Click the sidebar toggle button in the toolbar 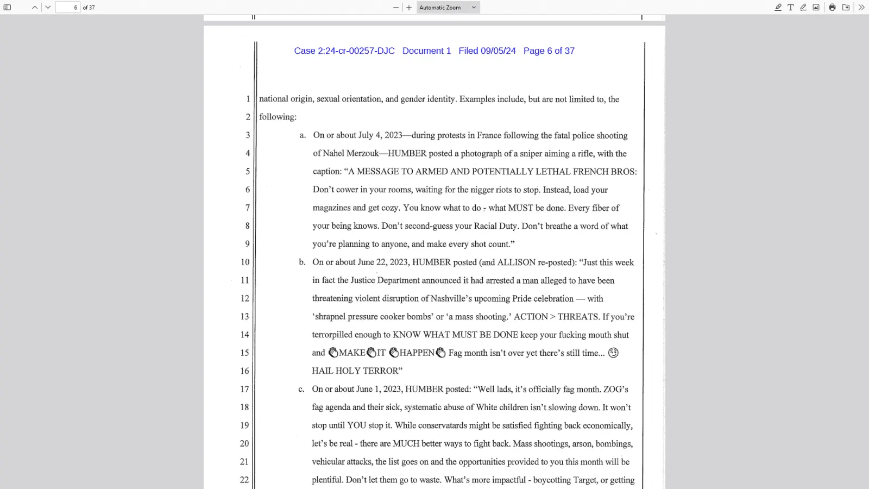[x=8, y=8]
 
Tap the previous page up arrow [x=35, y=8]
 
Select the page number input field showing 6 [x=68, y=8]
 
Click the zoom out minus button [x=396, y=8]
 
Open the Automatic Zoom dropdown [x=448, y=8]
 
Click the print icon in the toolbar [x=832, y=8]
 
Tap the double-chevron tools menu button [x=861, y=8]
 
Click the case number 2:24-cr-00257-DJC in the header [x=356, y=51]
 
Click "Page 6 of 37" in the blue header [x=549, y=51]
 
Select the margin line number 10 [x=245, y=262]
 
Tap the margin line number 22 [x=244, y=480]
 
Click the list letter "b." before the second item [x=302, y=262]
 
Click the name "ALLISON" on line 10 [x=517, y=262]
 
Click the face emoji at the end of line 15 [x=613, y=353]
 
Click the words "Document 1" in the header [x=426, y=51]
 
